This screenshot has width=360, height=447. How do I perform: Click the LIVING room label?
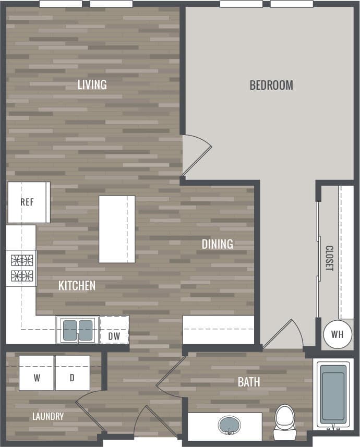click(x=92, y=84)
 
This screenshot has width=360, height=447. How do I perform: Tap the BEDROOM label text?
click(x=271, y=85)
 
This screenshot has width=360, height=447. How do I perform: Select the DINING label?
click(x=218, y=244)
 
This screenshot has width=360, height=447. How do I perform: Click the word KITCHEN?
click(x=77, y=285)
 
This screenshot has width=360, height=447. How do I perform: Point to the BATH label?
click(x=249, y=382)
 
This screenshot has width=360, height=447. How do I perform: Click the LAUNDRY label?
click(x=48, y=416)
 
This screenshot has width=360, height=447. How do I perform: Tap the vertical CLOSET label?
click(x=329, y=258)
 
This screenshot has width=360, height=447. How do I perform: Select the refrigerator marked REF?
click(x=28, y=202)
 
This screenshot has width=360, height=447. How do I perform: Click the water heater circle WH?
click(x=337, y=334)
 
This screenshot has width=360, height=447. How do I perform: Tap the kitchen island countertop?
click(x=117, y=229)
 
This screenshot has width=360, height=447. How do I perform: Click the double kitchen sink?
click(x=78, y=330)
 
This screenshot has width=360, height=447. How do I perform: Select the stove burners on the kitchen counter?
click(x=21, y=268)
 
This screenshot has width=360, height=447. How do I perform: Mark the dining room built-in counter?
click(x=218, y=330)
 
